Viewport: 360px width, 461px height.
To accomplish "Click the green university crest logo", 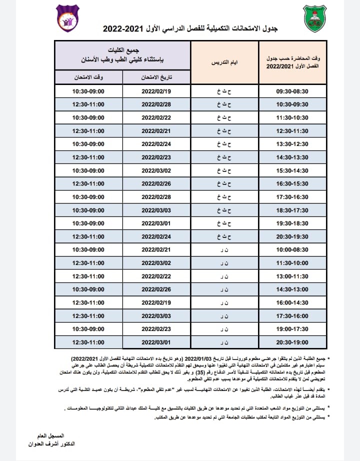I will click(x=313, y=19).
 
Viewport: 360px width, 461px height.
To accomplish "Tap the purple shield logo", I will click(x=67, y=18).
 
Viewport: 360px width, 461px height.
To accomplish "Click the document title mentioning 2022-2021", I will click(x=189, y=29).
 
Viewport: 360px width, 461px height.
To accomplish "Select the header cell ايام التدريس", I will click(x=225, y=62).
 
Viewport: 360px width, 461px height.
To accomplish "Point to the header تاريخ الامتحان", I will click(x=156, y=77).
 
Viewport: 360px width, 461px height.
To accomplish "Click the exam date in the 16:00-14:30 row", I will click(x=156, y=302).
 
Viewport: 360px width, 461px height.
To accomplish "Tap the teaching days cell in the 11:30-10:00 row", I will click(x=225, y=263).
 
